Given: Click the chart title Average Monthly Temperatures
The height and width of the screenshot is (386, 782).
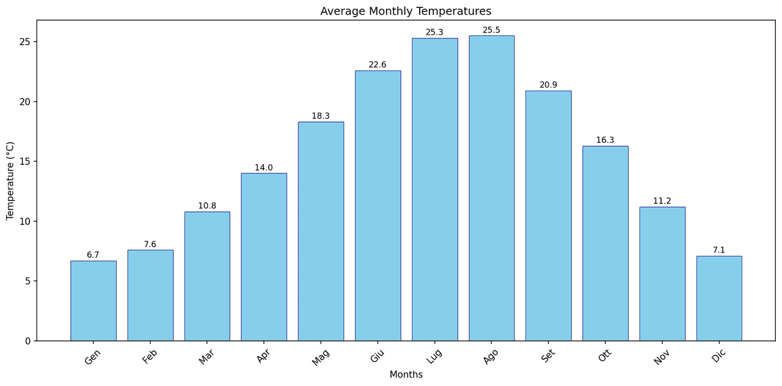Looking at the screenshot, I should [406, 11].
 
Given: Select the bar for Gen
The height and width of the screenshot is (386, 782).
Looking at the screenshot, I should [93, 300].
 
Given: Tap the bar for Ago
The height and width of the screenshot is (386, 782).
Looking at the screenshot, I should [491, 188].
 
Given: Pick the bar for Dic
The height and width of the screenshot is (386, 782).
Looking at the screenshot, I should [719, 298].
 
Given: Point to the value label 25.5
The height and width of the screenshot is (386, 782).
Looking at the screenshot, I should [491, 31].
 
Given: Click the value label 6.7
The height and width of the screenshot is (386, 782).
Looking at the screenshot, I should [93, 255].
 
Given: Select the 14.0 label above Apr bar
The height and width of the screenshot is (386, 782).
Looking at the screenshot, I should [264, 168].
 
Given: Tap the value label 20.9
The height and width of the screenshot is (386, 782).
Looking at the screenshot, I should [548, 86].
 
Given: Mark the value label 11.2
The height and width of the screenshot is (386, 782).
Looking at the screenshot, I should [662, 202].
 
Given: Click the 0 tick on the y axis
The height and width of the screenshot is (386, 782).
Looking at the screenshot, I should [27, 341].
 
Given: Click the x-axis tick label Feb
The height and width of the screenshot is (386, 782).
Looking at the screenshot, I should [150, 356].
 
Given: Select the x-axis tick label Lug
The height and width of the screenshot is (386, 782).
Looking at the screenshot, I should [434, 356].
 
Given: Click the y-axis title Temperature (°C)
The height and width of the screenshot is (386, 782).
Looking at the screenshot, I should [10, 181].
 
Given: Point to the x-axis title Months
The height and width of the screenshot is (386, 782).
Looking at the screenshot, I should [406, 375].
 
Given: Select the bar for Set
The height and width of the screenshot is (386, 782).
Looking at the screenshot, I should [548, 216].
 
